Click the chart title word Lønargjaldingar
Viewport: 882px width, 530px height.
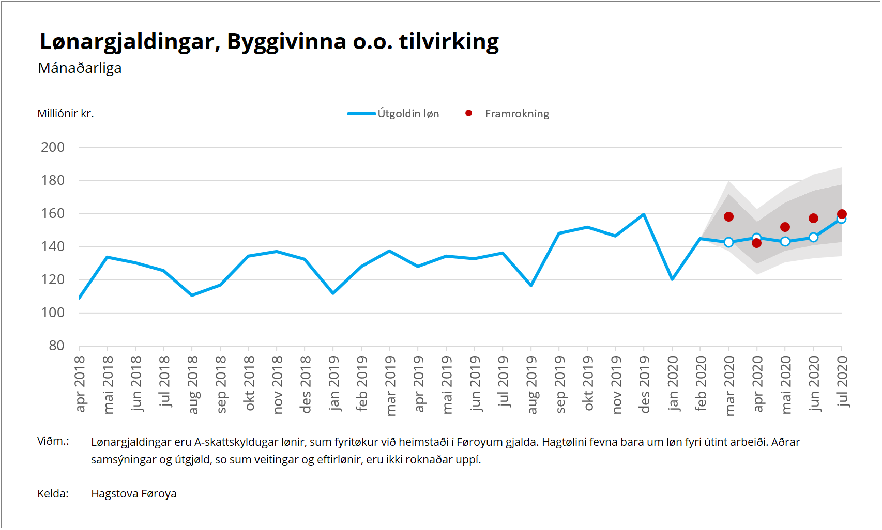coord(127,42)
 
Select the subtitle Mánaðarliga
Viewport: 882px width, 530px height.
coord(80,68)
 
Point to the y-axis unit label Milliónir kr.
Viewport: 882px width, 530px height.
coord(66,114)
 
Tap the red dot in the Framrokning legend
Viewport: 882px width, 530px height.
coord(468,113)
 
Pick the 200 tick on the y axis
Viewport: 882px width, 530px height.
coord(53,148)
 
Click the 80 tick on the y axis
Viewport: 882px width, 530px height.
coord(56,346)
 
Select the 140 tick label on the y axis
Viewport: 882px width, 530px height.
coord(53,247)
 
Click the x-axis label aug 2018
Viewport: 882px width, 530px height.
coord(192,385)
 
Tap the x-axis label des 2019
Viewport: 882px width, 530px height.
coord(644,385)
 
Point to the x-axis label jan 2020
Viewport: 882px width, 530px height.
coord(672,384)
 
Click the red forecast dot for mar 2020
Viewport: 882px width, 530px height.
coord(728,216)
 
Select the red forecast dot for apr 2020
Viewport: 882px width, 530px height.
coord(757,243)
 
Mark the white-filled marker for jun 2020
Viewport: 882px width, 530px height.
coord(813,237)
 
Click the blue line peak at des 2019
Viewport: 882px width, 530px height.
coord(644,214)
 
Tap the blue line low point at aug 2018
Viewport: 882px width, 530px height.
coord(192,295)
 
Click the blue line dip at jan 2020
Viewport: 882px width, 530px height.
coord(672,279)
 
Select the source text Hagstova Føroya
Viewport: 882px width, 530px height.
coord(134,494)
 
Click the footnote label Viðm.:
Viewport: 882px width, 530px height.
coord(53,441)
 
